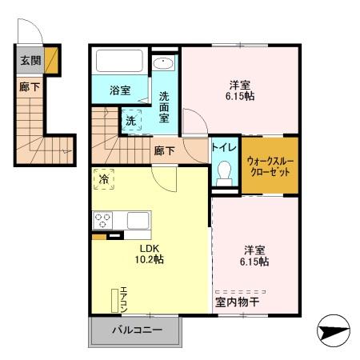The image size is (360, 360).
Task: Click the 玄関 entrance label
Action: pyautogui.click(x=29, y=60)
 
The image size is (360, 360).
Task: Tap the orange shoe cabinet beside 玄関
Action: pyautogui.click(x=51, y=60)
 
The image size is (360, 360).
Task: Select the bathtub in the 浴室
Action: pyautogui.click(x=120, y=62)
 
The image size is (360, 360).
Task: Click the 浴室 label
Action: pyautogui.click(x=119, y=90)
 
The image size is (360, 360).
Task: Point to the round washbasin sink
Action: pyautogui.click(x=162, y=64)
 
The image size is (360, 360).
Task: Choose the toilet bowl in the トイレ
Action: pyautogui.click(x=224, y=172)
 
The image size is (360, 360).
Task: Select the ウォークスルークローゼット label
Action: pyautogui.click(x=270, y=166)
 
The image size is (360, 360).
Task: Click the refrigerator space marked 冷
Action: pyautogui.click(x=103, y=179)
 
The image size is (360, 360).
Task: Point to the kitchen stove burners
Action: pyautogui.click(x=103, y=220)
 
